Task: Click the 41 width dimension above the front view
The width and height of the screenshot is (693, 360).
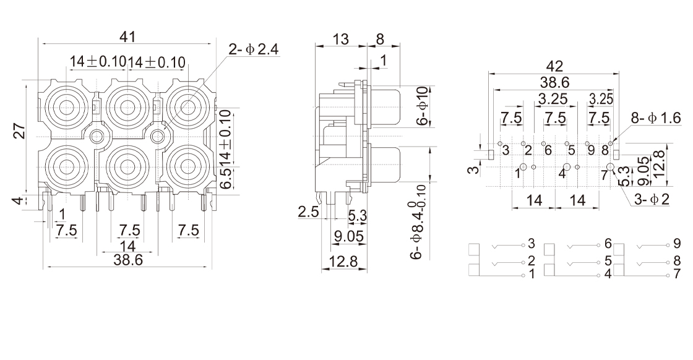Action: (127, 36)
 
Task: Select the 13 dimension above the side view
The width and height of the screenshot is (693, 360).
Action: (340, 39)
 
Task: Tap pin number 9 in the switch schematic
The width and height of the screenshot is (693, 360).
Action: (677, 243)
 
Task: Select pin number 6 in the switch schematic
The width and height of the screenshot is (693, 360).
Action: (608, 243)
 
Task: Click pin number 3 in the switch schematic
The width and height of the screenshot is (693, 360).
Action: (531, 243)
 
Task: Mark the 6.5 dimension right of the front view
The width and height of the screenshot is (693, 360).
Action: (225, 182)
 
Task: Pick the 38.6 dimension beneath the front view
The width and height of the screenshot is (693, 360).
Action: (127, 260)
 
